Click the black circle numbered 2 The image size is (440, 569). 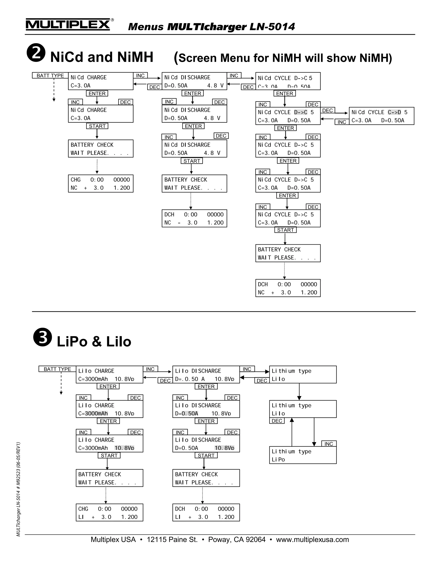coord(36,53)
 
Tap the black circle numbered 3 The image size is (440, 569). coord(43,337)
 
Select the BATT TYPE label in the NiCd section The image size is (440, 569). coord(50,76)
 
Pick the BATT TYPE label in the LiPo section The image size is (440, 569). coord(57,369)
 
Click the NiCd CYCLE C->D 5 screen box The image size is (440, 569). coord(381,116)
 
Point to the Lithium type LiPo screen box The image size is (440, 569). coord(303,455)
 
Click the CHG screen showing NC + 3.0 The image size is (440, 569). coord(101,184)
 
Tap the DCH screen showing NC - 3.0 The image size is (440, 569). coord(194,219)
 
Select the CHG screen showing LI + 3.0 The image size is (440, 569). coord(110,513)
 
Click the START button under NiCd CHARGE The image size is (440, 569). coord(97,126)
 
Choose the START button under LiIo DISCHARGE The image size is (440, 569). coord(206,455)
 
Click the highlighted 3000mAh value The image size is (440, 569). coord(96,414)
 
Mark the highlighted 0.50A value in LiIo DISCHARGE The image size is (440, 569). coord(190,414)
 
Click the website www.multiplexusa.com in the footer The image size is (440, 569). coord(312,540)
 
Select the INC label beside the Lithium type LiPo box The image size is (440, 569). coord(329,444)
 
